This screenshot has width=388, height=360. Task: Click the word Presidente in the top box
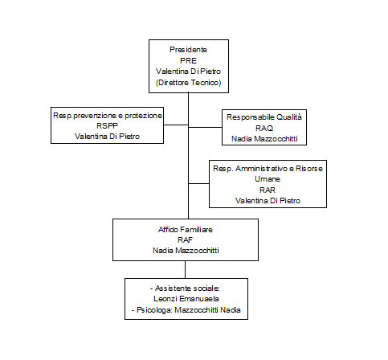(188, 50)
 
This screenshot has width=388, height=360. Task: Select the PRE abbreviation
(188, 61)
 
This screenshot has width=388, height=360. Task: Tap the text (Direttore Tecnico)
(189, 83)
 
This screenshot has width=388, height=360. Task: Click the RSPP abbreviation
(107, 125)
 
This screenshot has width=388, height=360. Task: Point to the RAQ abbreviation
(264, 129)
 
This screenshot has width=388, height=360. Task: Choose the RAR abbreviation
(268, 190)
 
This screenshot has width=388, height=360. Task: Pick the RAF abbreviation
(186, 240)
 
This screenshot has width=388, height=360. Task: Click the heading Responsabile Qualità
(264, 117)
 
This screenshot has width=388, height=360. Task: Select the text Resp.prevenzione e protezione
(108, 116)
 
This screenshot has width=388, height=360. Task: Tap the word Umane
(268, 179)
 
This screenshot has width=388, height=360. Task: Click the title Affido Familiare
(186, 230)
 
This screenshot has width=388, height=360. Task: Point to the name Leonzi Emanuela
(186, 299)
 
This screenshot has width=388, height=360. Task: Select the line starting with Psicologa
(186, 310)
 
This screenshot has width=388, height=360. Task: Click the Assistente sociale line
(185, 288)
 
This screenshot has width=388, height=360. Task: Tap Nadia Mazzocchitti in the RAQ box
(264, 139)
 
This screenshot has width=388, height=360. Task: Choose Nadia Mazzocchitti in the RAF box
(186, 251)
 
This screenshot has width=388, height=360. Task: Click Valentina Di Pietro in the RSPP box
(107, 137)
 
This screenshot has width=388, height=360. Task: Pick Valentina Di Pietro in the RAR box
(268, 201)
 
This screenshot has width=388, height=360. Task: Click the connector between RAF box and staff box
(185, 269)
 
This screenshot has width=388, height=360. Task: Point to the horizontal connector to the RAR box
(198, 184)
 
